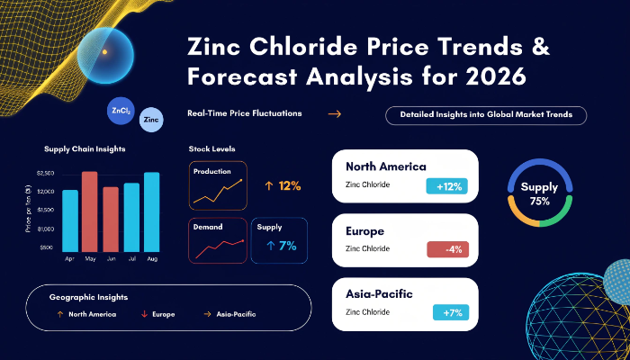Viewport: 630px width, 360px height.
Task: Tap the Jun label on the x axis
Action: pyautogui.click(x=111, y=258)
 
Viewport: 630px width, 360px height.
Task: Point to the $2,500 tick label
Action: pyautogui.click(x=46, y=173)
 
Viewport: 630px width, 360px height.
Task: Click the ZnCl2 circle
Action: pyautogui.click(x=119, y=111)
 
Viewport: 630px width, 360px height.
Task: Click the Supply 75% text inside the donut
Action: pyautogui.click(x=540, y=193)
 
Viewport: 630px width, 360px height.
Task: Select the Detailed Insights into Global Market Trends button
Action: pyautogui.click(x=486, y=114)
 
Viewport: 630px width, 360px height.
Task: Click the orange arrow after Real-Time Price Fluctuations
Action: pyautogui.click(x=334, y=114)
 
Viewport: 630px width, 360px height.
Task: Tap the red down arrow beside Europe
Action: pyautogui.click(x=144, y=314)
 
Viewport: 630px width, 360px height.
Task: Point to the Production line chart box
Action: pyautogui.click(x=217, y=185)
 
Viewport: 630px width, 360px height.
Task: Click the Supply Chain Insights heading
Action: pyautogui.click(x=85, y=148)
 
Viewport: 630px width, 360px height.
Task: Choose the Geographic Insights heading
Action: pyautogui.click(x=88, y=297)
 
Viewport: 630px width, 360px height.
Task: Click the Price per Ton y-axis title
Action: pyautogui.click(x=30, y=212)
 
